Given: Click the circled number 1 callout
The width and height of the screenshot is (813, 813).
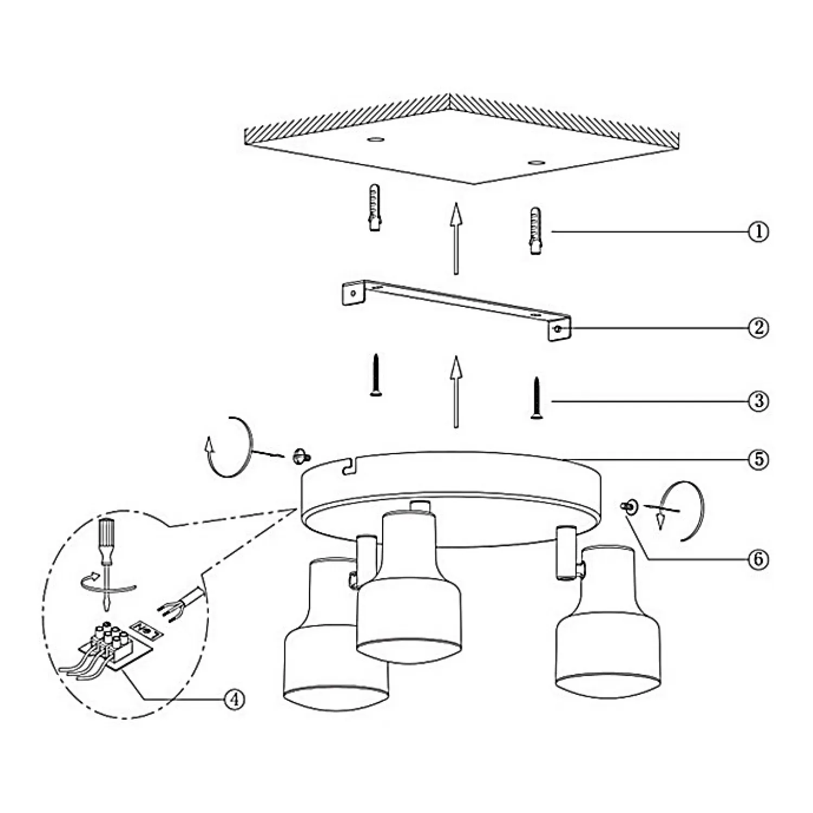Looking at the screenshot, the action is coord(758,232).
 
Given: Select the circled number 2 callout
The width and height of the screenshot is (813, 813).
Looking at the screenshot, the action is coord(758,327).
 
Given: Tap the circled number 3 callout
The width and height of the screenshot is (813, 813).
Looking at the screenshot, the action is coord(758,401).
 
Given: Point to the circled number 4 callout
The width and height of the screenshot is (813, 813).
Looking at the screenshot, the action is coord(234,699).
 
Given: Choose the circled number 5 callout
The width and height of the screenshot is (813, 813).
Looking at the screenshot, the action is coord(758,459).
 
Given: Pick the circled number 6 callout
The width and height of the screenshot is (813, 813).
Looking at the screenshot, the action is coord(758,559).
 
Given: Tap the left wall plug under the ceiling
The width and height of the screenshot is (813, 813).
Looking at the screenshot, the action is coord(375,208).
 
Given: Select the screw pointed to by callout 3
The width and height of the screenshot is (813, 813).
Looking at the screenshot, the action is coord(537,398).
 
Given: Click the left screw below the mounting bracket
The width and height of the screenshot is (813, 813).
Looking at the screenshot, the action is coord(376,375).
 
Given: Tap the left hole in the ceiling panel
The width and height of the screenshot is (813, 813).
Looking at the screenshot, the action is coord(374,140).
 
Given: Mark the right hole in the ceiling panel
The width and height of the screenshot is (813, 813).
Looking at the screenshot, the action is coord(536,162).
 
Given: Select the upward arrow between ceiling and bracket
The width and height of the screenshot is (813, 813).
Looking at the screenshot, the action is coord(456,238).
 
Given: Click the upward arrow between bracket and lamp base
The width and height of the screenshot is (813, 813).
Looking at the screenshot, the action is coord(456,392).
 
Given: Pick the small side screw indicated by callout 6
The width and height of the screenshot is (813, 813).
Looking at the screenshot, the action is coord(629,507).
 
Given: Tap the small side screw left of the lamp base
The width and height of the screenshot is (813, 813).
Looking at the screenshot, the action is coord(300,456).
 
